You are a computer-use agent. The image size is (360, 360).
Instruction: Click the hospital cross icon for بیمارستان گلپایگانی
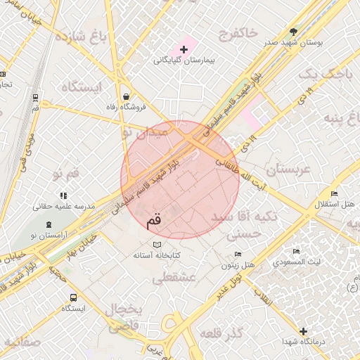pos(184,49)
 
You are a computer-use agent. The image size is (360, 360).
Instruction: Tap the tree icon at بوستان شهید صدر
pos(293,32)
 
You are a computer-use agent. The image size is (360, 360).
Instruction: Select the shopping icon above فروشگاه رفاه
pos(125,96)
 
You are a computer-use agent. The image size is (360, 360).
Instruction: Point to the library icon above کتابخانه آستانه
pos(157,245)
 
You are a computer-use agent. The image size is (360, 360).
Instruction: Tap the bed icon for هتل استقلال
pos(334,193)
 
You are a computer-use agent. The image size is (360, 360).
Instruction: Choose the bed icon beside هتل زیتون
pos(238,254)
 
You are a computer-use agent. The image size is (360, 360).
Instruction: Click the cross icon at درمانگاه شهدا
pos(303,331)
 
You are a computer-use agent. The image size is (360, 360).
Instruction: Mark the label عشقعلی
pos(173,278)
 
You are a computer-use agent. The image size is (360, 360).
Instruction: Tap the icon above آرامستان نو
pos(48,225)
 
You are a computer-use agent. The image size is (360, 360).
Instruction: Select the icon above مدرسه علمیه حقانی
pos(63,195)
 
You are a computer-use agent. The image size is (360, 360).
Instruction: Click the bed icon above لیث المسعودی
pos(296,251)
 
